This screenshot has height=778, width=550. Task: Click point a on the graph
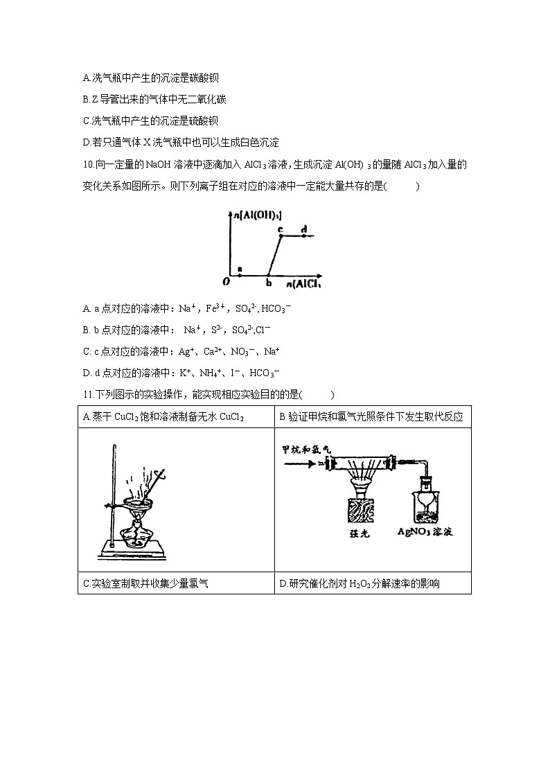(x=240, y=274)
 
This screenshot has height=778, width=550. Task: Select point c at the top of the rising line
(x=281, y=236)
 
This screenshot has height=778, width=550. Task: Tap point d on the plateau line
(x=303, y=236)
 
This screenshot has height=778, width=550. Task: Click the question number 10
(x=87, y=165)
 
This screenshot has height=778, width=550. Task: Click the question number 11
(x=86, y=395)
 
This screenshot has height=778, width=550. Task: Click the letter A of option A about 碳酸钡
(x=85, y=78)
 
